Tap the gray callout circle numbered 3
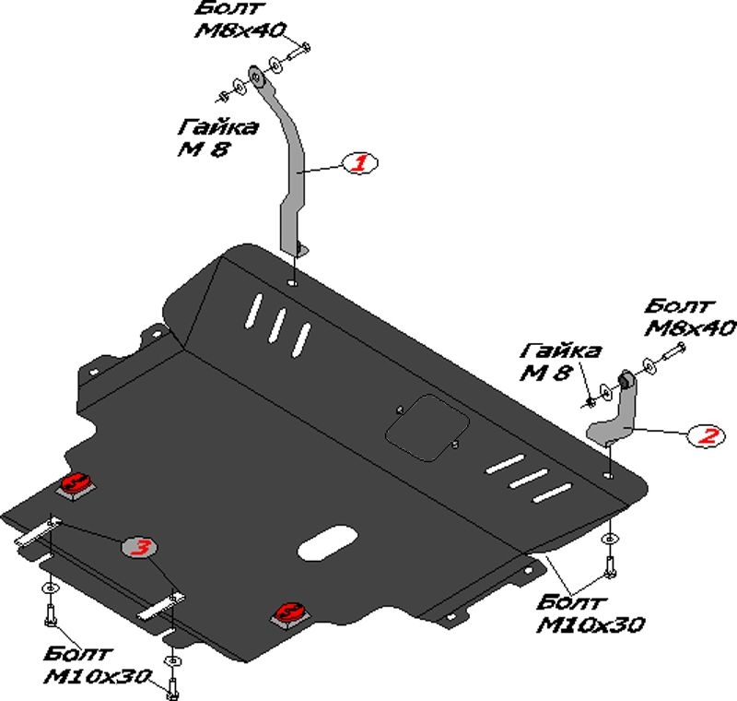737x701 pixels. point(141,548)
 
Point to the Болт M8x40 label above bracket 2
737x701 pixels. point(690,315)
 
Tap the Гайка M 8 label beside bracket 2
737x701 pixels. point(559,362)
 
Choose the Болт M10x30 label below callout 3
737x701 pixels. point(98,666)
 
